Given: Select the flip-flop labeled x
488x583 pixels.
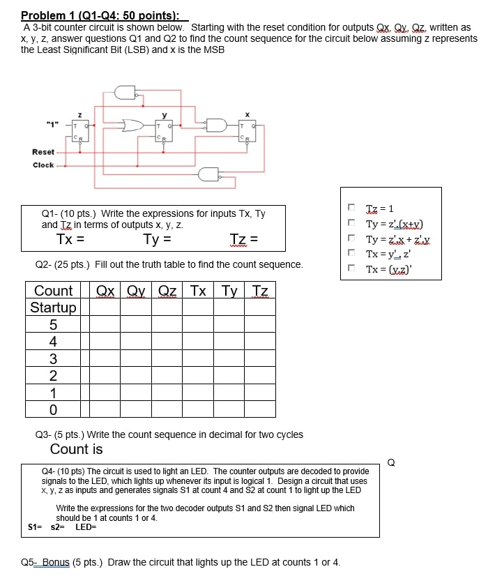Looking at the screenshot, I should click(x=247, y=131).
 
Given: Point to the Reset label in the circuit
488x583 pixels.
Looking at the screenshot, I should click(x=43, y=152).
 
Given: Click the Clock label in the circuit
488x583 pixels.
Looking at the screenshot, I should click(x=43, y=165).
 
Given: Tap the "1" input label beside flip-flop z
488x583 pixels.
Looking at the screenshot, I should click(x=52, y=125).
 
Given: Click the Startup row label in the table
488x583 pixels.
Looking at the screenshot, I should click(x=53, y=308).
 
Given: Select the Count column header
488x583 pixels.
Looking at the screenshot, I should click(x=53, y=291).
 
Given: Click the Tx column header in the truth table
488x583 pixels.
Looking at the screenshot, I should click(x=198, y=291).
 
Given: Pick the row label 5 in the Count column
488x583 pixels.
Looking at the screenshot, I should click(x=53, y=324).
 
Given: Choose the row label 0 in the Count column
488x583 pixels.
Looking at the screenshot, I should click(x=53, y=408).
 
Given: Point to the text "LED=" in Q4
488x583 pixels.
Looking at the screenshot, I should click(x=86, y=527).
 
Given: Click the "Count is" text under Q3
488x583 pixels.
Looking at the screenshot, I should click(x=76, y=449).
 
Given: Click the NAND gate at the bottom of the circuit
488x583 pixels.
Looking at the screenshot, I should click(x=208, y=174).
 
